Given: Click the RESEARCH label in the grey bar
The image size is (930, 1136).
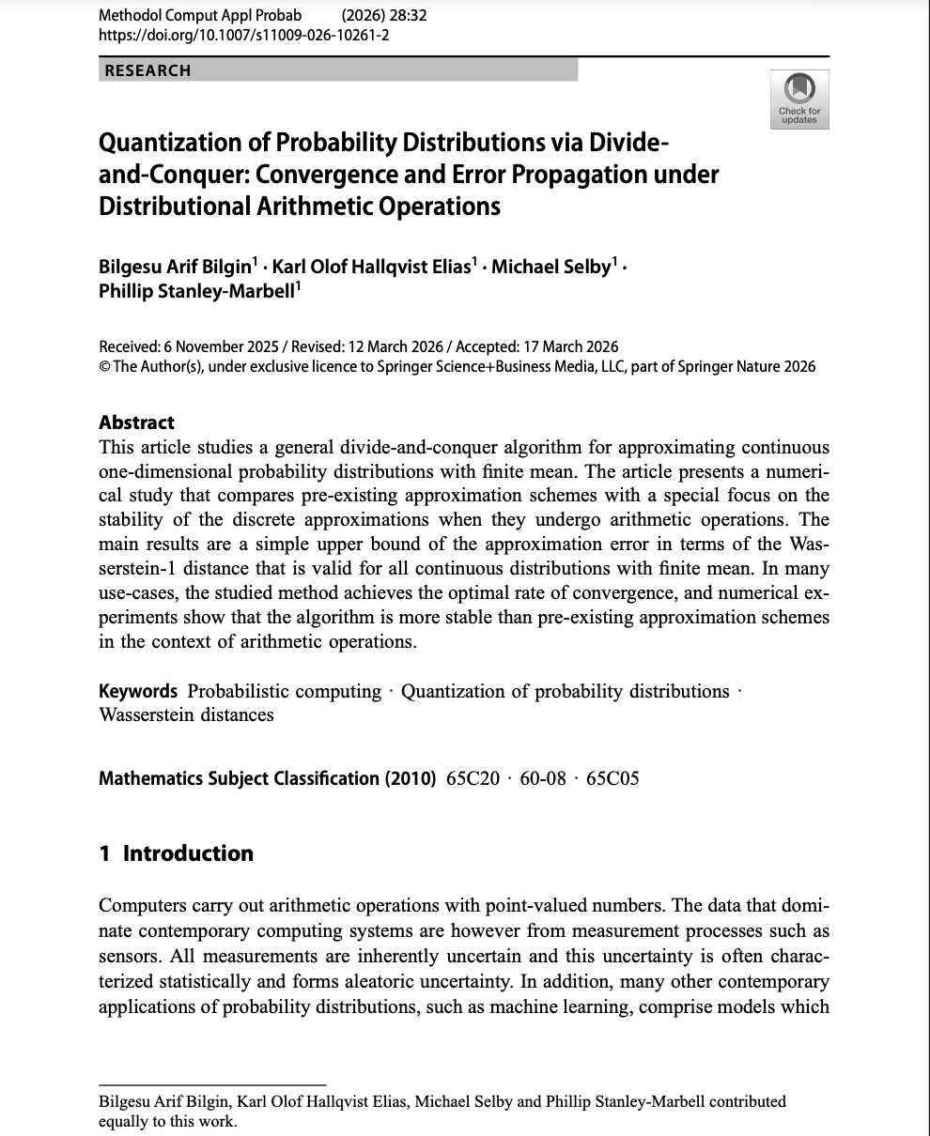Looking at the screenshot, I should click(x=147, y=70).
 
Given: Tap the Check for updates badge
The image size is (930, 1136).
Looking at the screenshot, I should click(x=799, y=99).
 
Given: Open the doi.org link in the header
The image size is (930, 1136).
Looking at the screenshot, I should click(x=244, y=36).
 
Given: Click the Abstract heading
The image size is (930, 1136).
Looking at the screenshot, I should click(x=136, y=422).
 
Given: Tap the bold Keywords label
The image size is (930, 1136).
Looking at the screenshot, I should click(x=138, y=691).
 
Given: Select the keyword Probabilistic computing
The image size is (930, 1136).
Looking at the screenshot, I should click(x=285, y=691).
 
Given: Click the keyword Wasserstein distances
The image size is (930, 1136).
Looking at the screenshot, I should click(x=186, y=714).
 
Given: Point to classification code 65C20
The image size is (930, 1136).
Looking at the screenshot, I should click(x=473, y=778).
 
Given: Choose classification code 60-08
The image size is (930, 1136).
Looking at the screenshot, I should click(x=543, y=778).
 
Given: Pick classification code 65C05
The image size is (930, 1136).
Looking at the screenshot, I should click(x=612, y=778).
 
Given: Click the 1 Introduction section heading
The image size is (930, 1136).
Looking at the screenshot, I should click(x=177, y=853).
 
